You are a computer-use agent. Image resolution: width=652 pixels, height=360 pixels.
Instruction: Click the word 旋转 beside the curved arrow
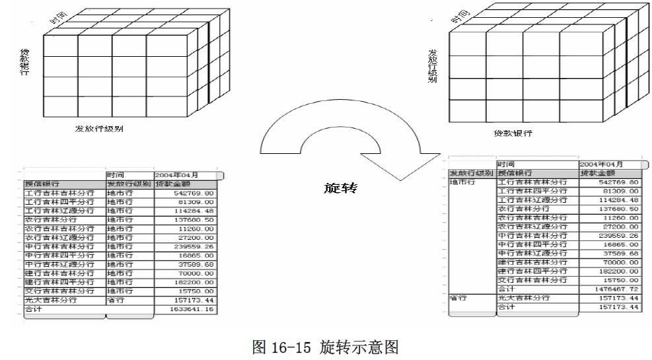(x=341, y=188)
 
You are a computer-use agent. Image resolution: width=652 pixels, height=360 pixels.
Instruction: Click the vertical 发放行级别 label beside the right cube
(x=433, y=66)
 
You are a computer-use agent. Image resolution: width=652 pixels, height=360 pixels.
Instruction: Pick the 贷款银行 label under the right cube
(x=512, y=133)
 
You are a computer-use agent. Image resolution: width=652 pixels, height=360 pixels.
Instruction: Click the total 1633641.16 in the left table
(x=177, y=308)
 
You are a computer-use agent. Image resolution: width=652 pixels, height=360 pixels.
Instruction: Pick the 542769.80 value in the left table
(x=177, y=192)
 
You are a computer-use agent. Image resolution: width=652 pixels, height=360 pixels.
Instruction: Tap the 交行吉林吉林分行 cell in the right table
(x=531, y=279)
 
